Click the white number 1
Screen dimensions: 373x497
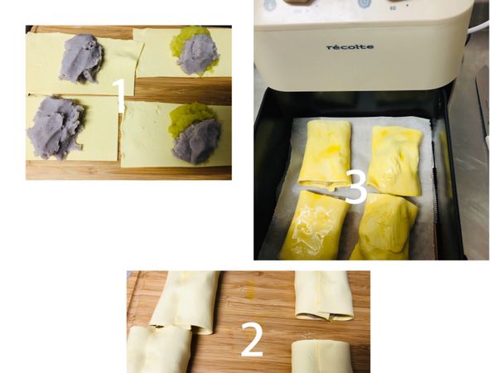click(x=119, y=95)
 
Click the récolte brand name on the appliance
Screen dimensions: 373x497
click(x=349, y=47)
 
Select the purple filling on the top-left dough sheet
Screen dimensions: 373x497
click(x=80, y=58)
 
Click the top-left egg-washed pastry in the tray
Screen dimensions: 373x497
click(x=326, y=153)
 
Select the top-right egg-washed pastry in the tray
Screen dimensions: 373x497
click(x=395, y=159)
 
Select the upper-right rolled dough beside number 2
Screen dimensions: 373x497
click(x=324, y=295)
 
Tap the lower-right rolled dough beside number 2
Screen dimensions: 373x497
click(x=321, y=356)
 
